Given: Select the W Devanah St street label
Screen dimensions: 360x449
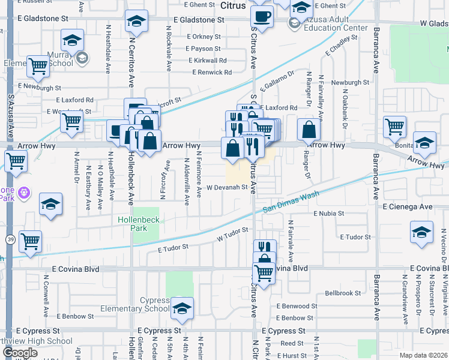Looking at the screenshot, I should [x=228, y=187].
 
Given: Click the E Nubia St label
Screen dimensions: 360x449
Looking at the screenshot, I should [x=328, y=213].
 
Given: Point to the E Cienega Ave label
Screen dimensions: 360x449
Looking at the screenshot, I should [x=407, y=206].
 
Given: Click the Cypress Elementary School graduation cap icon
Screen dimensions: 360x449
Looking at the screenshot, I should [x=182, y=308].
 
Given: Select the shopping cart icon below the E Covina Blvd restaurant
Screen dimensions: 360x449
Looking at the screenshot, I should [x=264, y=272].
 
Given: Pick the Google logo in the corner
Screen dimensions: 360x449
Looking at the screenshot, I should [x=20, y=353].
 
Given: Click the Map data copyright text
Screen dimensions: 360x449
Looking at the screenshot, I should [x=423, y=355].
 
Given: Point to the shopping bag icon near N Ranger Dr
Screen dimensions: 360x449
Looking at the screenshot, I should [x=309, y=130].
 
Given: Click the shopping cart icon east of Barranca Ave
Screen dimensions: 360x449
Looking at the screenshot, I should [x=394, y=127].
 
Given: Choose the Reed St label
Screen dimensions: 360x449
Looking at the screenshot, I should [x=292, y=343].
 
